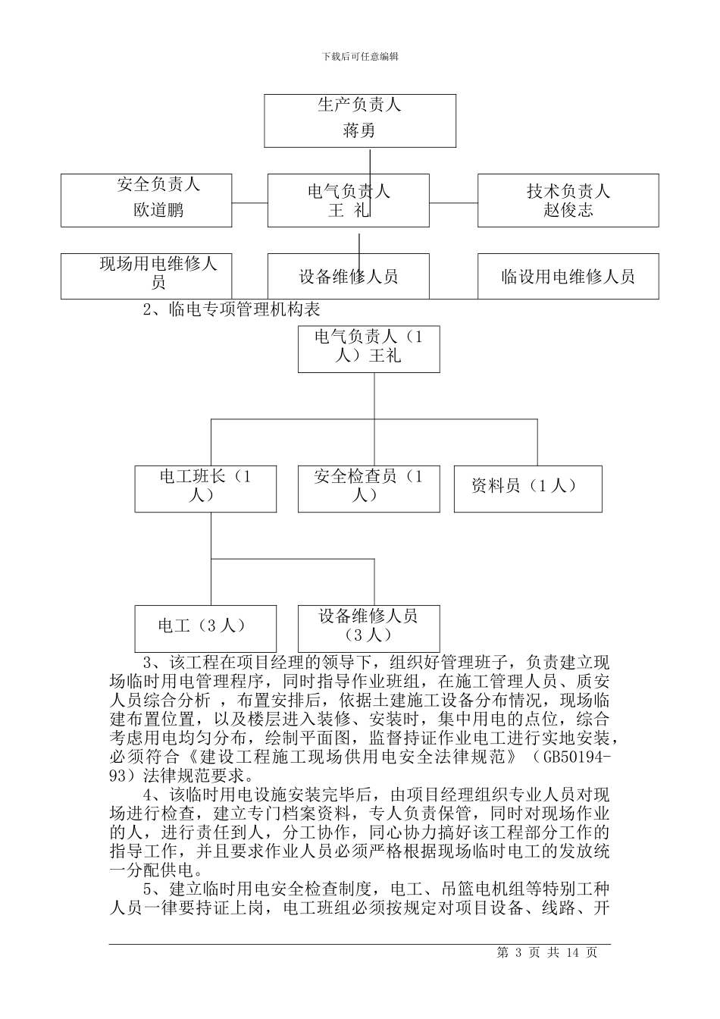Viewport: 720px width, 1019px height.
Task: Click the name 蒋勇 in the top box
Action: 359,131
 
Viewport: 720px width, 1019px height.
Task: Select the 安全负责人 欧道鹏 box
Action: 146,200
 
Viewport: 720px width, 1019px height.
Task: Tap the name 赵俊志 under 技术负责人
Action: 568,211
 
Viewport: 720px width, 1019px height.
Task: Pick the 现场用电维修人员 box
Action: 146,275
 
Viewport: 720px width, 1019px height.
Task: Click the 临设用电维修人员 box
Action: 568,276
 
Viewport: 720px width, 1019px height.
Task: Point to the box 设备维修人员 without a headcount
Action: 348,276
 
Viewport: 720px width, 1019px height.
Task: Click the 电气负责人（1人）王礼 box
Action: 368,349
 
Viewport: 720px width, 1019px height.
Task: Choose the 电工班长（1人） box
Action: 205,488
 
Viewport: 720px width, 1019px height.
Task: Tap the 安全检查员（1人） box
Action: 368,488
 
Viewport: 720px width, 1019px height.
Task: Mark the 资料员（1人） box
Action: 527,488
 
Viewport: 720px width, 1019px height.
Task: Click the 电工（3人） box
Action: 205,627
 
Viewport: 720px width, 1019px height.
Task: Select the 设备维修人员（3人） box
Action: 368,626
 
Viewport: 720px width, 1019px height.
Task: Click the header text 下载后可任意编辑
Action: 360,56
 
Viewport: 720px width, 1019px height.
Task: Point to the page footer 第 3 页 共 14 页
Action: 546,953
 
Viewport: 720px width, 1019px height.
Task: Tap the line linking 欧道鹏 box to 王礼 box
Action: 249,202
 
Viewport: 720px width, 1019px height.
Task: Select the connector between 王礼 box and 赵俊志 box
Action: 453,202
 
